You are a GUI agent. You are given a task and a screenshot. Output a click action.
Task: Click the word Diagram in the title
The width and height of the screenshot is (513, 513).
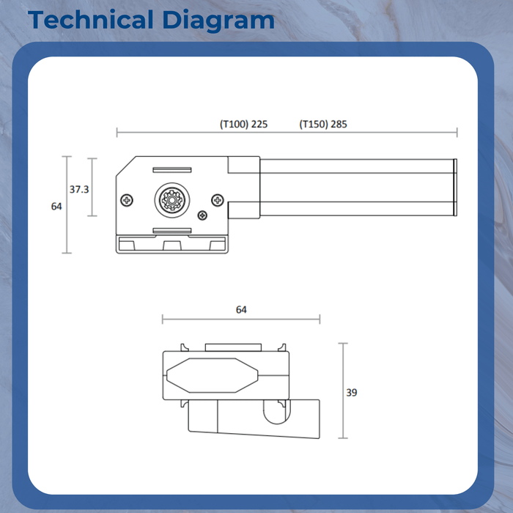(218, 20)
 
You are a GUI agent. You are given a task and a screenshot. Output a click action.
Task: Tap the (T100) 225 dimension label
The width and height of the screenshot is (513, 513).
(243, 124)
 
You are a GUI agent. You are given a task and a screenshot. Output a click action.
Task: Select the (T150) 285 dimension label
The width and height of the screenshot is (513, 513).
(323, 124)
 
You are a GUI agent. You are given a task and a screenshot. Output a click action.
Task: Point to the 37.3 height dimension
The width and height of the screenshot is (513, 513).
(79, 189)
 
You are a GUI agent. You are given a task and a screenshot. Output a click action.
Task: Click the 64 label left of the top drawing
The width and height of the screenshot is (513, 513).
(56, 207)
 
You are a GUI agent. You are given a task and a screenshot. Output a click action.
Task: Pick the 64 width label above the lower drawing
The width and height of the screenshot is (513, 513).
(241, 310)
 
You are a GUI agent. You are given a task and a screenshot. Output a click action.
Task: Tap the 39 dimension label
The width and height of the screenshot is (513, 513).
(352, 393)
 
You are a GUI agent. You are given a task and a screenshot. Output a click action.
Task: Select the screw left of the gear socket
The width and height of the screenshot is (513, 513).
(128, 200)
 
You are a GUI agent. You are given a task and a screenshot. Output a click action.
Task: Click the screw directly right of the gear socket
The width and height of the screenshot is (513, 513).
(217, 200)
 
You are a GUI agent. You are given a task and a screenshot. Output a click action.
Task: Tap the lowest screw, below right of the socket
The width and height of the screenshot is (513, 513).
(202, 215)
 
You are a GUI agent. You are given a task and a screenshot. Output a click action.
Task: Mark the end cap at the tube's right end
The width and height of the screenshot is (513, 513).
(455, 188)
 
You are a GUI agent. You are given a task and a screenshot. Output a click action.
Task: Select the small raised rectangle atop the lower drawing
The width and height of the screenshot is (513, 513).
(232, 347)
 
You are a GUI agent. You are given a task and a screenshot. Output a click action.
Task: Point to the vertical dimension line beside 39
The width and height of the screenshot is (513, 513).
(343, 393)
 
